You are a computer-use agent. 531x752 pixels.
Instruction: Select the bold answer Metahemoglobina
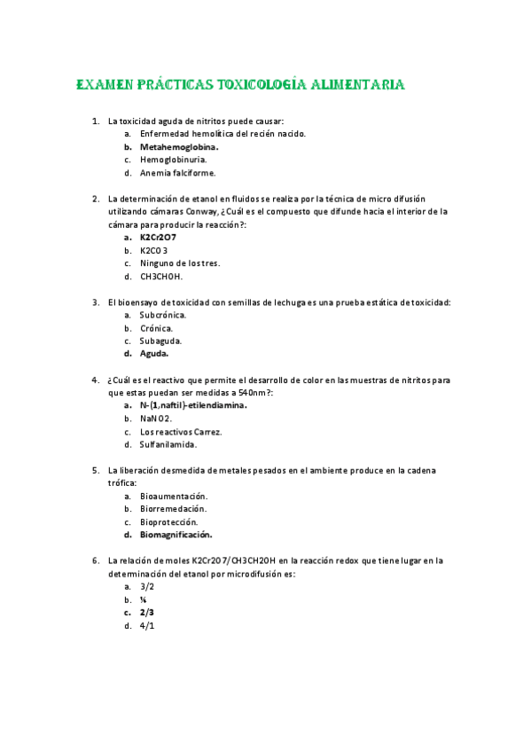tap(179, 146)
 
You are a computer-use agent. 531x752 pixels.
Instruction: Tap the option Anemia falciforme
tap(177, 173)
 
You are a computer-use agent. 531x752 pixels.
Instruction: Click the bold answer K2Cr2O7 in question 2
tap(158, 238)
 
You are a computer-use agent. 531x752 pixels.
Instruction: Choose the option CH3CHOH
tap(160, 276)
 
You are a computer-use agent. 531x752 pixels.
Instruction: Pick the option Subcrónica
tap(163, 315)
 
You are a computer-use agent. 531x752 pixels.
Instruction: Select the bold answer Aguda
tap(154, 354)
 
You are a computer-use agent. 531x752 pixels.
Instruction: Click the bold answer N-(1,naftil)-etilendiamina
tap(193, 405)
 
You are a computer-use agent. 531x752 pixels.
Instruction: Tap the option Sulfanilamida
tap(168, 444)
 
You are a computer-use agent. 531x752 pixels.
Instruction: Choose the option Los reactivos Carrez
tap(181, 432)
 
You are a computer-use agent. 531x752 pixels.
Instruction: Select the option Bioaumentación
tap(174, 496)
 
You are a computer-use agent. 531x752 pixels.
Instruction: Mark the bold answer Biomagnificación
tap(176, 535)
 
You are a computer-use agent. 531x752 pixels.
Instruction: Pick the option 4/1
tap(147, 625)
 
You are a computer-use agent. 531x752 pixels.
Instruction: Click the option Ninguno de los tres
tap(180, 263)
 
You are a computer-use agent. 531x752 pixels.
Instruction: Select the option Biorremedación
tap(174, 509)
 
